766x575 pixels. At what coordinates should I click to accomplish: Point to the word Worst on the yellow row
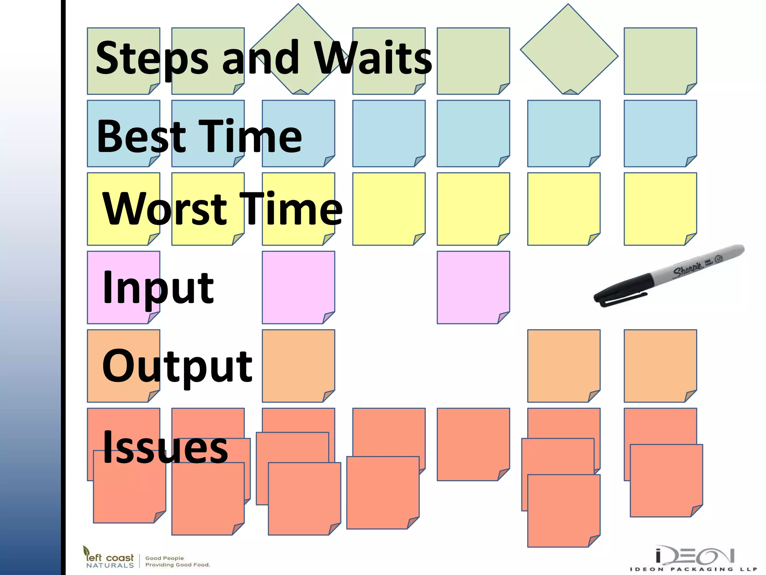165,209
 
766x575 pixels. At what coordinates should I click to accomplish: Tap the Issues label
165,447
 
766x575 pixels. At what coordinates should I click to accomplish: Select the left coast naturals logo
108,558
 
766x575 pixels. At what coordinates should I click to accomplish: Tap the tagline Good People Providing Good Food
178,561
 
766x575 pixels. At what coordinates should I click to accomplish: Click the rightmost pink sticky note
473,287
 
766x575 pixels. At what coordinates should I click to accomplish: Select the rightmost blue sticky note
660,133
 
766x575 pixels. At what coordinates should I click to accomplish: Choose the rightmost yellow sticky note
660,209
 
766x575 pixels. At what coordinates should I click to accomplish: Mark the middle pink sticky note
298,287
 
